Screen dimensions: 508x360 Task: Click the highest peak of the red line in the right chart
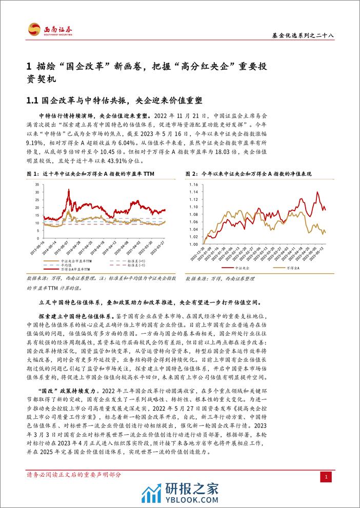click(x=319, y=193)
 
